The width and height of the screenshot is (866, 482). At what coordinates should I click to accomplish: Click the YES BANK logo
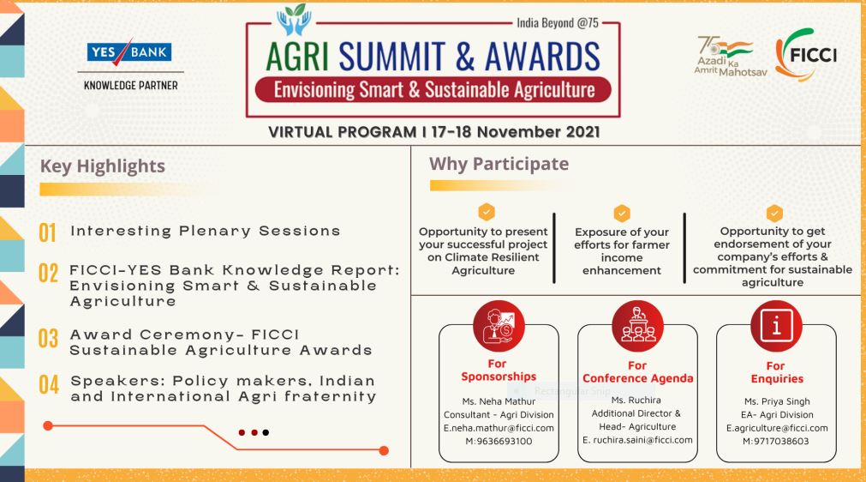pyautogui.click(x=129, y=52)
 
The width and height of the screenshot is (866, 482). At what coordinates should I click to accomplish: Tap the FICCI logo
pyautogui.click(x=805, y=54)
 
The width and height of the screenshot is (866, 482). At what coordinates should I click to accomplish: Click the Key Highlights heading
pyautogui.click(x=103, y=166)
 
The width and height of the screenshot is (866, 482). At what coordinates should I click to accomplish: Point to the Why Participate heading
pyautogui.click(x=499, y=163)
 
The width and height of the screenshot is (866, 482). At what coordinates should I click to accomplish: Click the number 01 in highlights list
pyautogui.click(x=47, y=232)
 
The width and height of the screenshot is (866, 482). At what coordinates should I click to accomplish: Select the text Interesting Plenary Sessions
pyautogui.click(x=205, y=231)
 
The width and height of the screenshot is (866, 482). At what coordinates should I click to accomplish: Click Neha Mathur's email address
pyautogui.click(x=499, y=427)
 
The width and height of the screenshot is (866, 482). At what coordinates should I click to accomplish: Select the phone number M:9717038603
pyautogui.click(x=775, y=441)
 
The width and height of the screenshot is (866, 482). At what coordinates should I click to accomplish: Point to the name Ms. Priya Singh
pyautogui.click(x=775, y=401)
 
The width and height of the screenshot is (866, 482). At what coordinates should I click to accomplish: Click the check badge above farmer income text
pyautogui.click(x=622, y=212)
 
